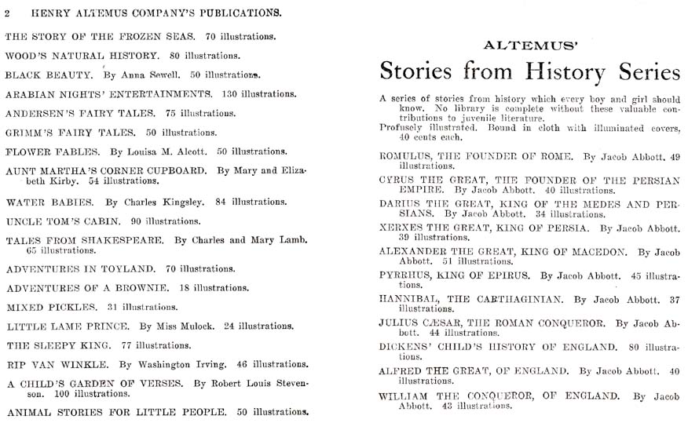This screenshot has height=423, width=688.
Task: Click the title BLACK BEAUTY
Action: click(49, 75)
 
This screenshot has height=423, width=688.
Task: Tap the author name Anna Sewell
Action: click(152, 75)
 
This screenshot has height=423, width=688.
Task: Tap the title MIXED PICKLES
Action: click(51, 307)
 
